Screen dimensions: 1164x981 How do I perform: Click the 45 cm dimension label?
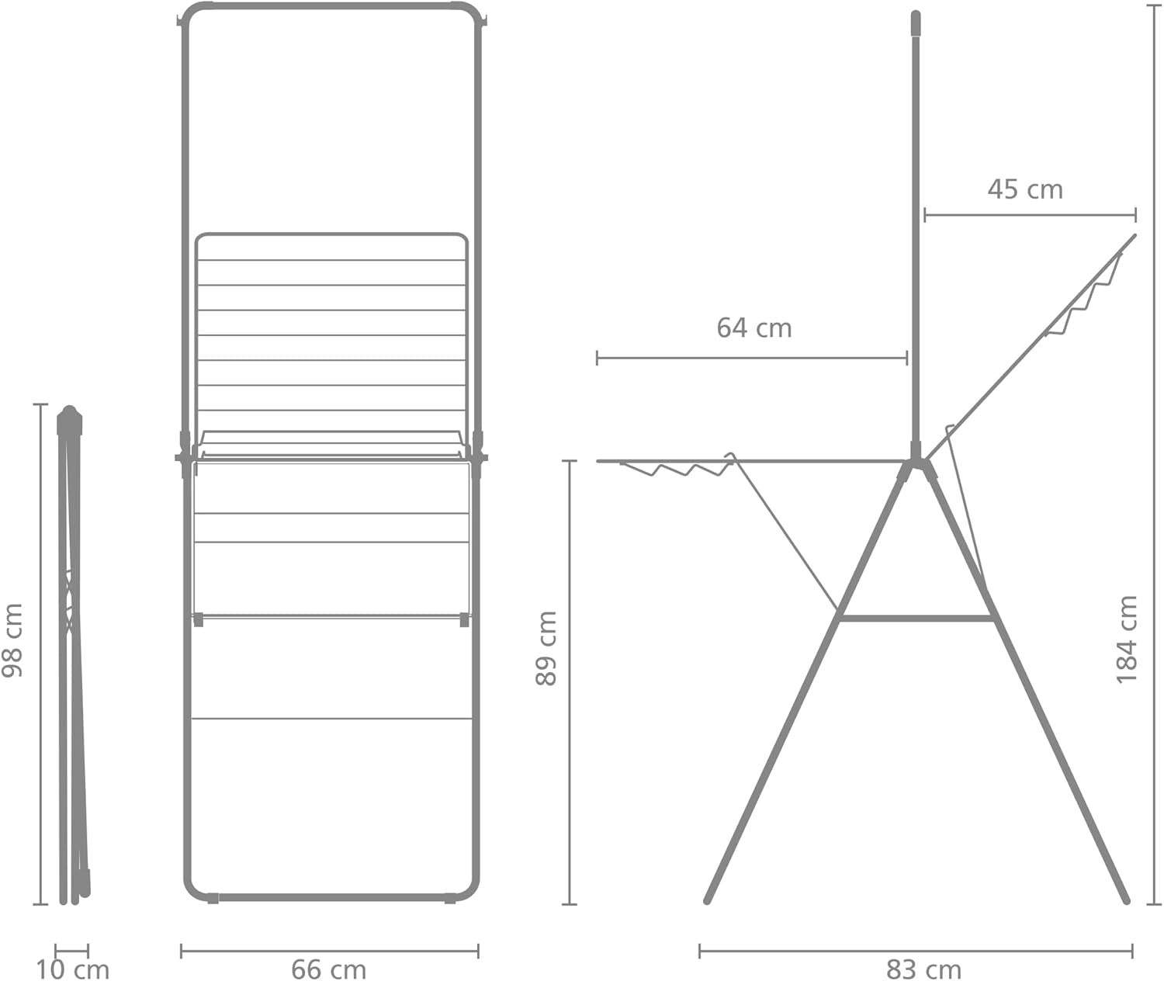tap(1024, 189)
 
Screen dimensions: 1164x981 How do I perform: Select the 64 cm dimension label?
tap(753, 328)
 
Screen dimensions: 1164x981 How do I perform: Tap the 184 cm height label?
tap(1126, 640)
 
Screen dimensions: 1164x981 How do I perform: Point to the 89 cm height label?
tap(546, 648)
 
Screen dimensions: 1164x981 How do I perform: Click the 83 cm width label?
tap(923, 969)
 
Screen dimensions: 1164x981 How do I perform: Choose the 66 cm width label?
tap(328, 969)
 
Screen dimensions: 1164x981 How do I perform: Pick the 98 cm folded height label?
tap(12, 640)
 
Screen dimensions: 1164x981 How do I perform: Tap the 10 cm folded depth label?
tap(72, 969)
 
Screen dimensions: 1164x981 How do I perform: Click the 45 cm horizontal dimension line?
tap(1031, 215)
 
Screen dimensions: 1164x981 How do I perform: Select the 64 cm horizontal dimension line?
tap(752, 358)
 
